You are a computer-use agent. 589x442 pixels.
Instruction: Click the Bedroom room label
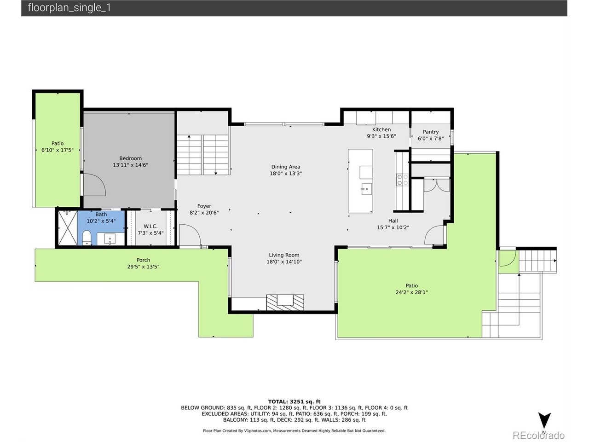(x=130, y=158)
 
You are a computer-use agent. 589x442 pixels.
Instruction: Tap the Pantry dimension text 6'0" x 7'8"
(x=430, y=139)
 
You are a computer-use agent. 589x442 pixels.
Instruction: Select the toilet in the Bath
(x=87, y=238)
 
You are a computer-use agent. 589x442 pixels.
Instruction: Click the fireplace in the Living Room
(x=285, y=302)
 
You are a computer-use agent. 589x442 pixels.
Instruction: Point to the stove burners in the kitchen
(x=402, y=180)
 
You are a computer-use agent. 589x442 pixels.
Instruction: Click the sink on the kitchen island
(x=366, y=189)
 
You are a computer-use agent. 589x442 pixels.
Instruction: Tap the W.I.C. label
(x=150, y=226)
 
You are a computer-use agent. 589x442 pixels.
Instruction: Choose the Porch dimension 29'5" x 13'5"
(x=143, y=267)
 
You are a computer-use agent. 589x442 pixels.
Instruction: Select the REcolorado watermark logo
(x=538, y=435)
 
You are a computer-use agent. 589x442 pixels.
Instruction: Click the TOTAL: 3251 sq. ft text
(x=294, y=401)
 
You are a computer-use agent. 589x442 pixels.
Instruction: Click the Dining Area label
(x=285, y=167)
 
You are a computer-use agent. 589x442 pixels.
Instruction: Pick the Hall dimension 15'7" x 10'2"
(x=393, y=227)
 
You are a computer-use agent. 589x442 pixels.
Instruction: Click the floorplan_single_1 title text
(x=69, y=7)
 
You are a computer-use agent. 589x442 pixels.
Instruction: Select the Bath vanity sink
(x=110, y=239)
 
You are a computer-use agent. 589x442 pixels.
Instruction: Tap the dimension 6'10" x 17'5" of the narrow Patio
(x=57, y=150)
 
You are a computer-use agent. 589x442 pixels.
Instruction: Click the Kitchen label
(x=381, y=129)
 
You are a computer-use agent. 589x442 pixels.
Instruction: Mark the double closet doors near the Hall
(x=437, y=185)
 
